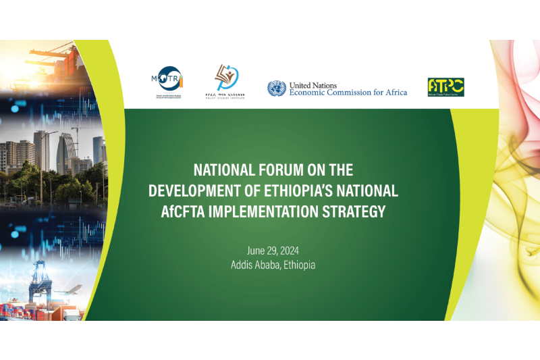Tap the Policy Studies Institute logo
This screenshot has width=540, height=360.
tap(225, 82)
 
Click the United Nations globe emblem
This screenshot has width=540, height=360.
tap(276, 88)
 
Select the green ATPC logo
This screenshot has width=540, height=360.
tap(446, 87)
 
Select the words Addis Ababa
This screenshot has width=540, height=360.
tap(254, 265)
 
